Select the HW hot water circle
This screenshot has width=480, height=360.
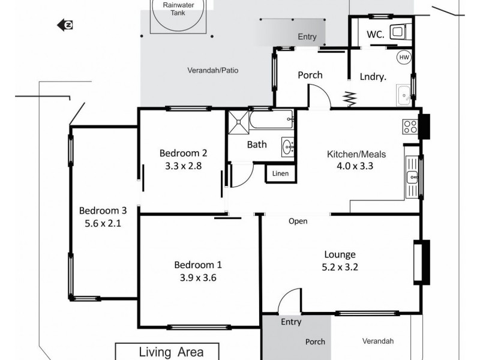pyautogui.click(x=404, y=58)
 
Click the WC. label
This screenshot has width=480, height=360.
pyautogui.click(x=376, y=34)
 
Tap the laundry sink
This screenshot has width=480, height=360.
pyautogui.click(x=403, y=94)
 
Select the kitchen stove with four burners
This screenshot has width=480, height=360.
pyautogui.click(x=410, y=127)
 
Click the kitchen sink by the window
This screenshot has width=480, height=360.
pyautogui.click(x=412, y=176)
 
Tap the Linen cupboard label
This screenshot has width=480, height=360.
pyautogui.click(x=280, y=174)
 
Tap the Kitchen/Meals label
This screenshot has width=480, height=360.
pyautogui.click(x=356, y=154)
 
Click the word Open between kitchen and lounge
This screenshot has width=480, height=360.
pyautogui.click(x=298, y=221)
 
